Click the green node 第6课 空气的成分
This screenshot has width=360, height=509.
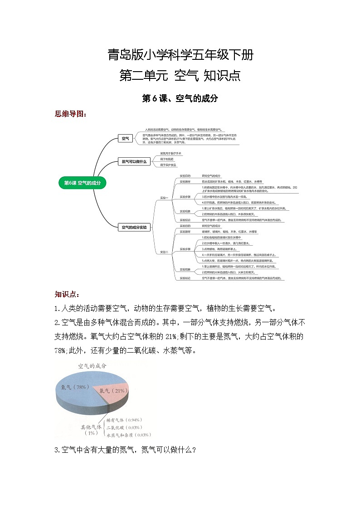coord(82,183)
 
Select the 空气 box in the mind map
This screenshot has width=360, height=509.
coord(123,139)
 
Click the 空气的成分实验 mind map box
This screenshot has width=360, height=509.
coord(134,227)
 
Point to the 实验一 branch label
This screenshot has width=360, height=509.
coord(164,198)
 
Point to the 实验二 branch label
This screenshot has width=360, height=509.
coord(164,252)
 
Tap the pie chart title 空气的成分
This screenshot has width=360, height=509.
coord(92,366)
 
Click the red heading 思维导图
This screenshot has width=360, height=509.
coord(70,114)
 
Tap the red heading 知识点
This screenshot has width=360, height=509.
coord(67,295)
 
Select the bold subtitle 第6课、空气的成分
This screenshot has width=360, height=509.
coord(180,98)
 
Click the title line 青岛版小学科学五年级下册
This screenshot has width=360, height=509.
coord(180,56)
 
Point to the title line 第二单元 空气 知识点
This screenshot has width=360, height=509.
coord(180,75)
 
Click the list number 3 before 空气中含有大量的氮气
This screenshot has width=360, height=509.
coord(56,450)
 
